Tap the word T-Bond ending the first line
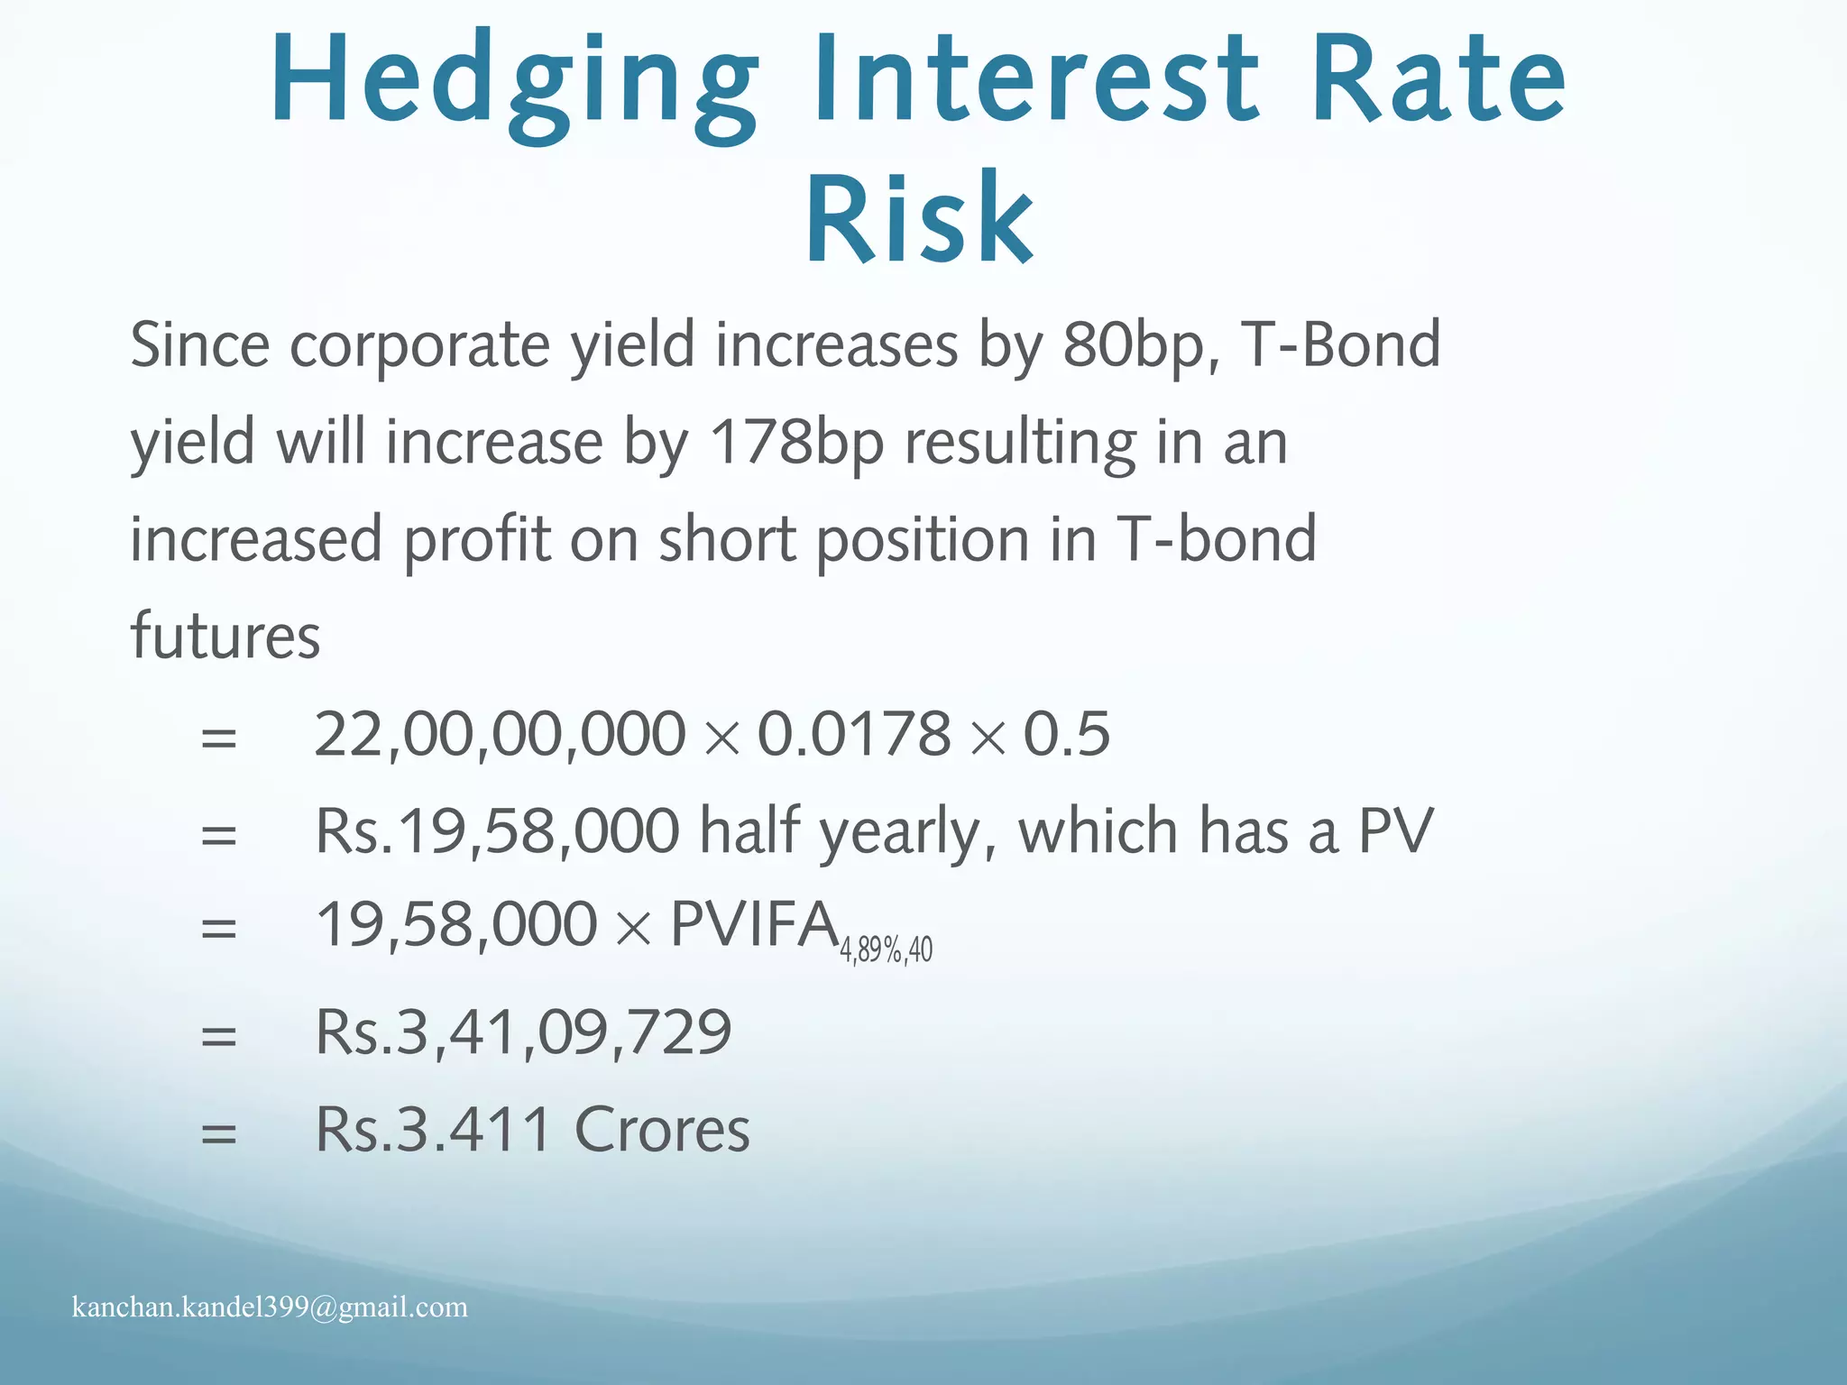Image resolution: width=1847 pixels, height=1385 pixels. click(1340, 345)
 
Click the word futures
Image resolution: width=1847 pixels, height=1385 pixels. click(225, 636)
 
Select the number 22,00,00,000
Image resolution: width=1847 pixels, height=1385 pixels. click(500, 734)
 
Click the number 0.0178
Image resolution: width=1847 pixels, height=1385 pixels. click(854, 734)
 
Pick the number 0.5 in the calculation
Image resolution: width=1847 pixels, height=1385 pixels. click(1066, 734)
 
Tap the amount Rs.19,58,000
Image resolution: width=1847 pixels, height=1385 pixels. click(497, 830)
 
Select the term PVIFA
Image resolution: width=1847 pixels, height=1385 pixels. click(754, 926)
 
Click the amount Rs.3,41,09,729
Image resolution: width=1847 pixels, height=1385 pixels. click(523, 1032)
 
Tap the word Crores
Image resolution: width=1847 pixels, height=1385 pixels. click(662, 1129)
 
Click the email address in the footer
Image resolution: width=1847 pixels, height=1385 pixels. click(270, 1307)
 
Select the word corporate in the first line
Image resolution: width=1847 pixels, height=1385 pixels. click(418, 345)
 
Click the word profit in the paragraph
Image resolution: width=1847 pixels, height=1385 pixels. click(476, 539)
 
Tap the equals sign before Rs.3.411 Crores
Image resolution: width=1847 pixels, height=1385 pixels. click(219, 1133)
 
